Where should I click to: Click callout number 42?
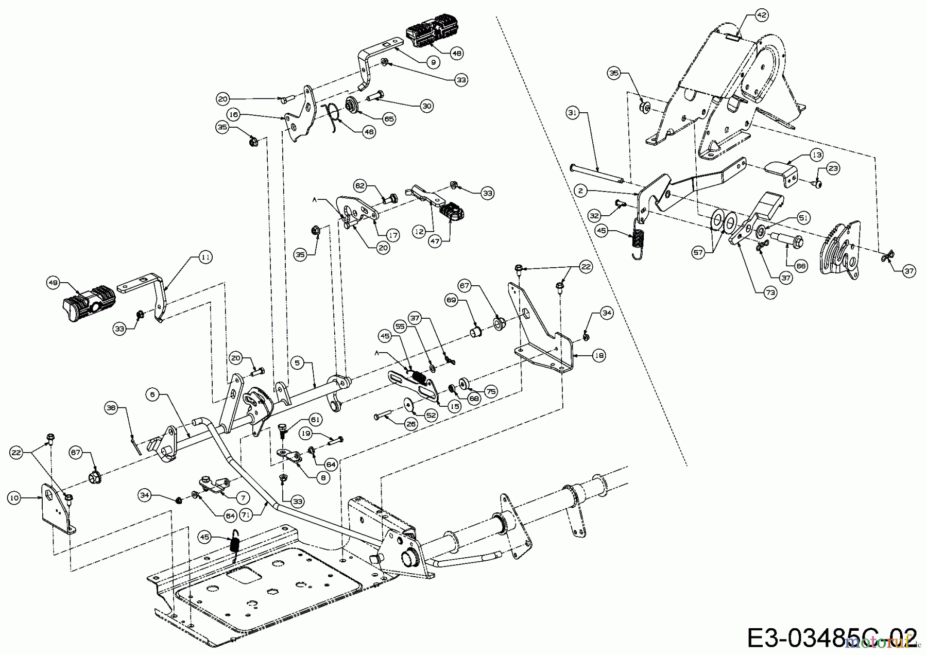762,15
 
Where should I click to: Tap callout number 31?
573,111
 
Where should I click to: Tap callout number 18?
598,355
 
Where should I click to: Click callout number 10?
14,497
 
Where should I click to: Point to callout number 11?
205,257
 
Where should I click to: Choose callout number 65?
389,119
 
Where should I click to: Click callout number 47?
436,242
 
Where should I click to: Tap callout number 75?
491,392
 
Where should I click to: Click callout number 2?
580,191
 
